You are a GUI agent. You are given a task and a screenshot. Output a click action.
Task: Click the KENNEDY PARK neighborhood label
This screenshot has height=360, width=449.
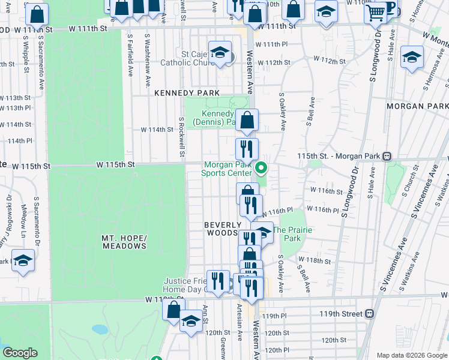coord(178,93)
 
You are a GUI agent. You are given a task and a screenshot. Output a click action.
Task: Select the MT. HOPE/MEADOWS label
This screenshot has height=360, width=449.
coord(124,242)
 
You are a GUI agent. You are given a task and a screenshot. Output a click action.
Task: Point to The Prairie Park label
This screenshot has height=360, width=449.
coord(287,234)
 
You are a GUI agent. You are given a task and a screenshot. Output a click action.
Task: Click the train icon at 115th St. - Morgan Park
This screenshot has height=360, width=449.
coord(387,156)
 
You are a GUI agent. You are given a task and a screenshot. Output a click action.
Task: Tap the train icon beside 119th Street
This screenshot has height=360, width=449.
coord(370,313)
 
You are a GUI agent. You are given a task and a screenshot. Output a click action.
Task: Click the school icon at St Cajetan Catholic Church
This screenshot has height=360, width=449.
coord(220,52)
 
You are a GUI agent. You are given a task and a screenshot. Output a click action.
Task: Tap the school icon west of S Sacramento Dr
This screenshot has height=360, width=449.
coord(23,260)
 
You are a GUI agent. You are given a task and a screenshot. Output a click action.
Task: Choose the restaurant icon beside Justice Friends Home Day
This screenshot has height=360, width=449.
coord(217,280)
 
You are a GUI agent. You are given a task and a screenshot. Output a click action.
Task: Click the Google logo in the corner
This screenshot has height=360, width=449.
coord(20,353)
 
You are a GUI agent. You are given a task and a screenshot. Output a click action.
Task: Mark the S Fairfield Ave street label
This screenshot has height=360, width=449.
coord(130,54)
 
